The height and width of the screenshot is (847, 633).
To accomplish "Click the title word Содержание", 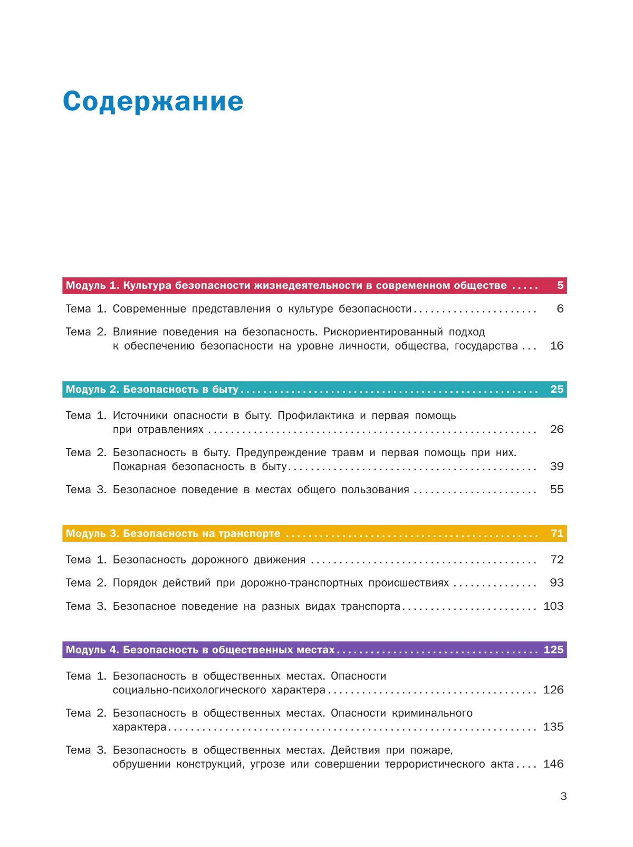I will [153, 101].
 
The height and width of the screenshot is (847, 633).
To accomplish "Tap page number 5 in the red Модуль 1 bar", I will [560, 286].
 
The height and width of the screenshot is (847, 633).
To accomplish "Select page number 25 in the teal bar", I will [557, 389].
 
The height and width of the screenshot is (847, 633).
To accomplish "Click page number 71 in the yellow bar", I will [557, 533].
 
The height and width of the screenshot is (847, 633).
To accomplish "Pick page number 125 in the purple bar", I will [553, 650].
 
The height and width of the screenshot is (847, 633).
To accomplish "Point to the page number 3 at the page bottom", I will [563, 796].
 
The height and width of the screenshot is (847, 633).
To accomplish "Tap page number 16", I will [557, 346].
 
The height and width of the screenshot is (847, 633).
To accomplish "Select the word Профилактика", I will [316, 416].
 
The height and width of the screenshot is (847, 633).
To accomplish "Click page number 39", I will [557, 466].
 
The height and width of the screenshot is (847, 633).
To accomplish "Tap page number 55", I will [557, 490].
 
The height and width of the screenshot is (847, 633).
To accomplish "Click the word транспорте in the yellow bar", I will [250, 533].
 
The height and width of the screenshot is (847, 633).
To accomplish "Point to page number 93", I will [557, 582].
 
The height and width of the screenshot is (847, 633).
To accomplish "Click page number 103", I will [553, 606].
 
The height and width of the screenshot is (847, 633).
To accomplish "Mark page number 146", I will [553, 764].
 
